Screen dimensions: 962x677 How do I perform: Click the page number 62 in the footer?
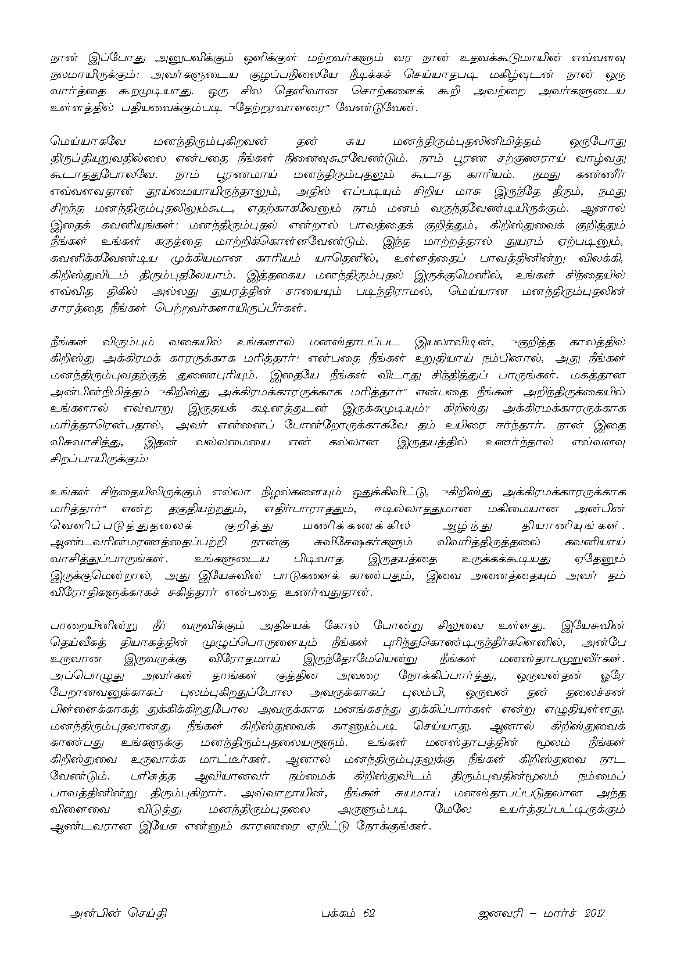368,913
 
